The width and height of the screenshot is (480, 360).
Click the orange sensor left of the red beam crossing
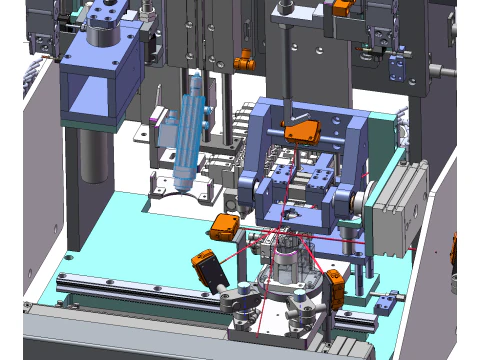224,226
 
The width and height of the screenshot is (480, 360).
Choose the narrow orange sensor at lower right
337,287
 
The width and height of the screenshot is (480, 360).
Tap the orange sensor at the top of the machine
343,34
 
